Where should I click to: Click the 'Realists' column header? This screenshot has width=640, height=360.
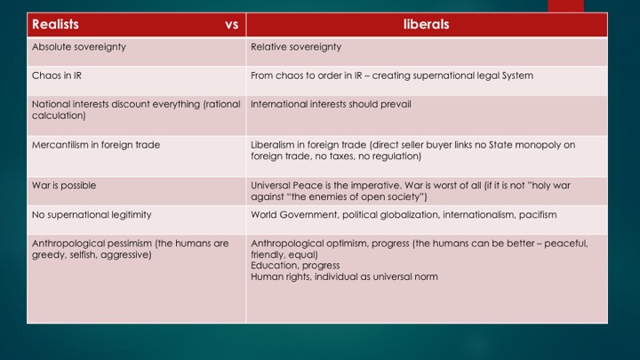point(55,24)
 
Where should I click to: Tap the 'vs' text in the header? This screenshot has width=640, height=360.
point(232,25)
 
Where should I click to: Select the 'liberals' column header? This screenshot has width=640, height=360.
point(426,24)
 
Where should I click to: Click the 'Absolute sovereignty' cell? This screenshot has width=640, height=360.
point(79,47)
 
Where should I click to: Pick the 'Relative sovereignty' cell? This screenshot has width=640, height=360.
point(296,47)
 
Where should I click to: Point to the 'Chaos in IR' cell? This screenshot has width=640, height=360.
point(57,76)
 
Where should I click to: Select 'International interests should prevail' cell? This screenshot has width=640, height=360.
point(331,104)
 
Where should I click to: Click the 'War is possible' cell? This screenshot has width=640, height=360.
point(64,185)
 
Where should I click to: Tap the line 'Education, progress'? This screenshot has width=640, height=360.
point(295,265)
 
